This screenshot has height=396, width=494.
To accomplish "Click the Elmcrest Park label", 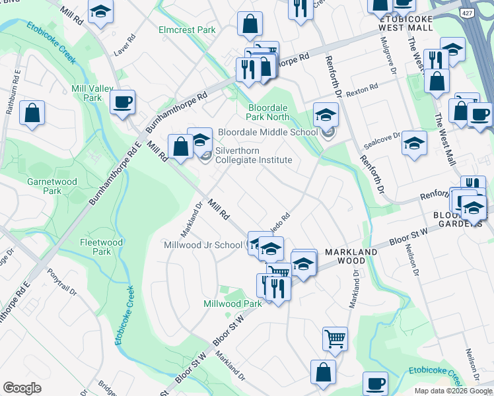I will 188,30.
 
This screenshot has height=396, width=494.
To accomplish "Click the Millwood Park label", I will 233,303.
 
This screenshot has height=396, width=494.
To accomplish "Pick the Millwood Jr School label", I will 203,245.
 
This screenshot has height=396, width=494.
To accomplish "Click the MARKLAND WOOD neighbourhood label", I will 351,257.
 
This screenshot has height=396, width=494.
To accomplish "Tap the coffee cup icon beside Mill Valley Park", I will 123,102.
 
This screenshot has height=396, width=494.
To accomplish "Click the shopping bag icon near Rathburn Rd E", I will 32,113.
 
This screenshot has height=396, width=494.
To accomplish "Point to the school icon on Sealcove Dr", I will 414,143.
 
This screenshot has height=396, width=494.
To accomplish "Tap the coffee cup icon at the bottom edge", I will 375,383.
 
